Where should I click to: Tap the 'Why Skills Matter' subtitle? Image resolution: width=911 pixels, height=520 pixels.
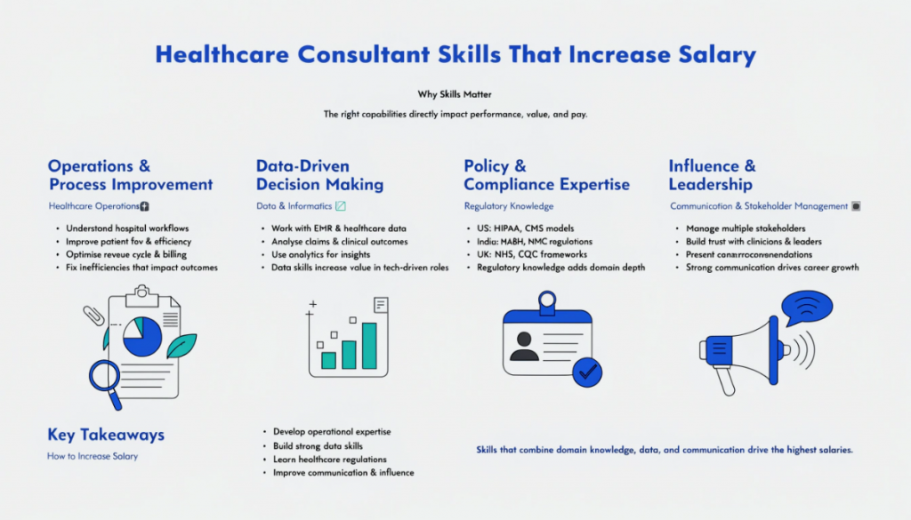point(455,93)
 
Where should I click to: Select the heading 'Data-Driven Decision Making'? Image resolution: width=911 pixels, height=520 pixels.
point(319,175)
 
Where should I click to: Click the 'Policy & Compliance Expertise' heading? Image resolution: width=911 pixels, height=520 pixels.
point(546,175)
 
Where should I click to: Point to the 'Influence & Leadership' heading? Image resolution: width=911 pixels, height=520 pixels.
point(712,175)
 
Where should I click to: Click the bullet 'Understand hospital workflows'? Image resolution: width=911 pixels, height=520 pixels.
point(127,228)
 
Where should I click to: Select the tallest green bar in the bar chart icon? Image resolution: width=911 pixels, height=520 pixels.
point(368,345)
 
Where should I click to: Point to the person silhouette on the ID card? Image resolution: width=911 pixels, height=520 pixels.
point(525,344)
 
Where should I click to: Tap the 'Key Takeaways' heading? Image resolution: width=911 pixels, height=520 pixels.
point(106,435)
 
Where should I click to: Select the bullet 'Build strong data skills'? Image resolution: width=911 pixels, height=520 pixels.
point(318,445)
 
